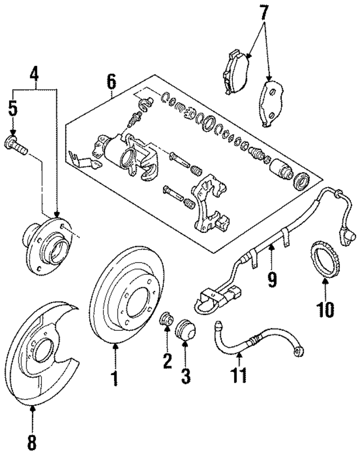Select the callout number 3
(x=186, y=375)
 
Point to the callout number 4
(x=35, y=73)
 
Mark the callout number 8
(x=31, y=437)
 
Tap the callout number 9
(x=272, y=279)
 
